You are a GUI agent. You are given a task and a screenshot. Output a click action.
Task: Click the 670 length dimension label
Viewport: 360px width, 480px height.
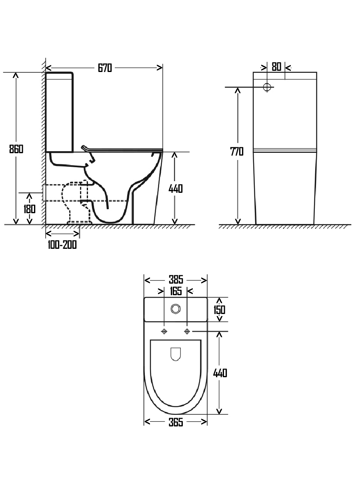105,68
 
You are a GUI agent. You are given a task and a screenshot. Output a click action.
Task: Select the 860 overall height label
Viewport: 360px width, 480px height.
16,149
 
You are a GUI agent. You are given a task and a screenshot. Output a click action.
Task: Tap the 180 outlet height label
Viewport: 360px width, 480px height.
30,209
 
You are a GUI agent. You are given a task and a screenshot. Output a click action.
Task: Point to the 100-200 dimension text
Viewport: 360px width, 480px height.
62,245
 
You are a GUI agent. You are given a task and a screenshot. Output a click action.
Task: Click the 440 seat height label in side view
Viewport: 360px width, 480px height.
176,189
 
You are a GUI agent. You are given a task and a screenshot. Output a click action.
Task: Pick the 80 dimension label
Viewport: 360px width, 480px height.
276,67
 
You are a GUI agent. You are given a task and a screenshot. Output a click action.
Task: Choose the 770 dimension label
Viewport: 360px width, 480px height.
237,152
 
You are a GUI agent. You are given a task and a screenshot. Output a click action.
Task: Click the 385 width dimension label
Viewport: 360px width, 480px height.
176,280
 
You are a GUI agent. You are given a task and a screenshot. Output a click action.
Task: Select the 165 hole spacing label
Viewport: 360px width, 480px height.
176,291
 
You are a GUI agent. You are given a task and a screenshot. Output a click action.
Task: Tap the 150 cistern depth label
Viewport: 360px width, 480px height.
219,310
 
